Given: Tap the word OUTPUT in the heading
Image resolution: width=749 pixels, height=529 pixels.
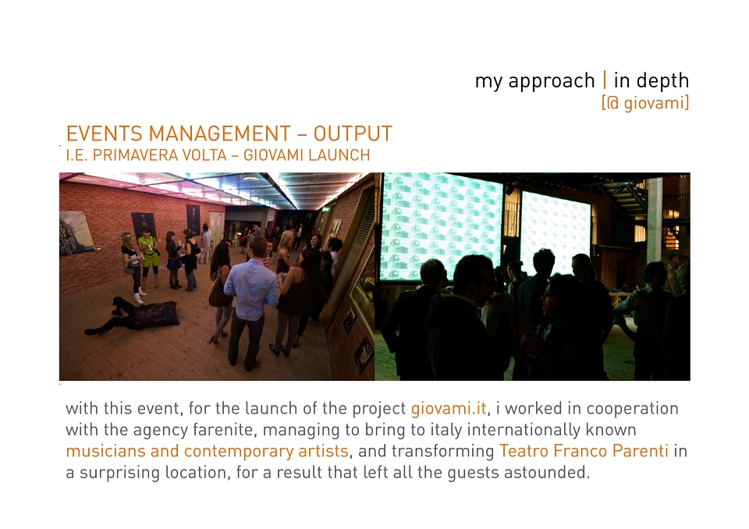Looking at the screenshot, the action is [353, 133].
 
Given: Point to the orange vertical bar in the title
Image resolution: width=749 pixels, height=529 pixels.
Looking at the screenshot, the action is [605, 80].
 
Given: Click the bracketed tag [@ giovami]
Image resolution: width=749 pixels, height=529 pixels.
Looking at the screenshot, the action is [645, 103].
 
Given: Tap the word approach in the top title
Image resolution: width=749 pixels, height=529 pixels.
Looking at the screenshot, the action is [552, 81].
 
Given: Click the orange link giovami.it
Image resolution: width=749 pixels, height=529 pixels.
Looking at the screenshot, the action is [449, 409].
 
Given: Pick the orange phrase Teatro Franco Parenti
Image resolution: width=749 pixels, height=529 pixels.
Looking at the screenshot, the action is [584, 451].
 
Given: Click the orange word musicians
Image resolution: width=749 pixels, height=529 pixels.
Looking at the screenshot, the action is [106, 451].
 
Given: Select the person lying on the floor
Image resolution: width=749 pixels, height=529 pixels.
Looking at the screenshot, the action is [131, 314].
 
